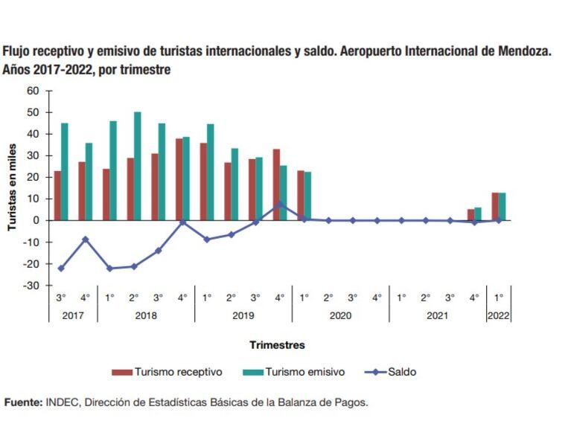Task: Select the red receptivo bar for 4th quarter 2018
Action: click(x=179, y=179)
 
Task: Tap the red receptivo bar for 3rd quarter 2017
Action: click(x=57, y=196)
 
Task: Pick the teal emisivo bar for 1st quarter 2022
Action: click(x=502, y=206)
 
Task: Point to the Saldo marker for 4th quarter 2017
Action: click(x=86, y=239)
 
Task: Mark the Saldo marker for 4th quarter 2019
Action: click(x=280, y=204)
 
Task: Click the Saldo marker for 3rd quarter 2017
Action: click(x=61, y=268)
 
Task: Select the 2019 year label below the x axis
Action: click(x=243, y=315)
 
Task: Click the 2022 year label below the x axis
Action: click(x=499, y=315)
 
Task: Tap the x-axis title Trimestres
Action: click(x=277, y=345)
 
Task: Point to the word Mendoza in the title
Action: click(x=523, y=52)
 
